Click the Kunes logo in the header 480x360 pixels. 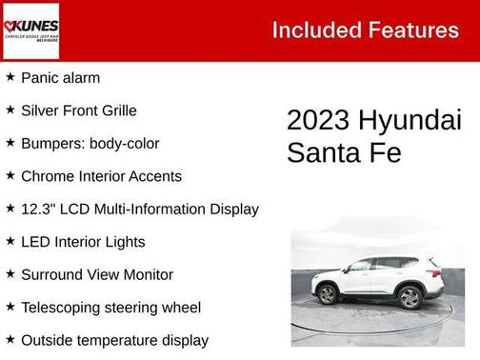coord(30,30)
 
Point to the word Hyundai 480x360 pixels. coord(410,121)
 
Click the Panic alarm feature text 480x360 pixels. coord(60,78)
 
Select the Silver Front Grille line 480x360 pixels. coord(78,110)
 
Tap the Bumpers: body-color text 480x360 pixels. coord(90,144)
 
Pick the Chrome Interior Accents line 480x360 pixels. coord(101,176)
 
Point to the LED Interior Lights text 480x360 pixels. coord(83,242)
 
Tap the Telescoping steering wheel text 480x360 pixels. coord(110,308)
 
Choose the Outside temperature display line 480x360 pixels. coord(114,340)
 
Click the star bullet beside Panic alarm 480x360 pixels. coord(10,77)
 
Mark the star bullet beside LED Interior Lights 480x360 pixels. coord(10,241)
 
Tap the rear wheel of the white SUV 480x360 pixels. coord(410,297)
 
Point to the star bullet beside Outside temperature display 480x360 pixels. coord(10,339)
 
